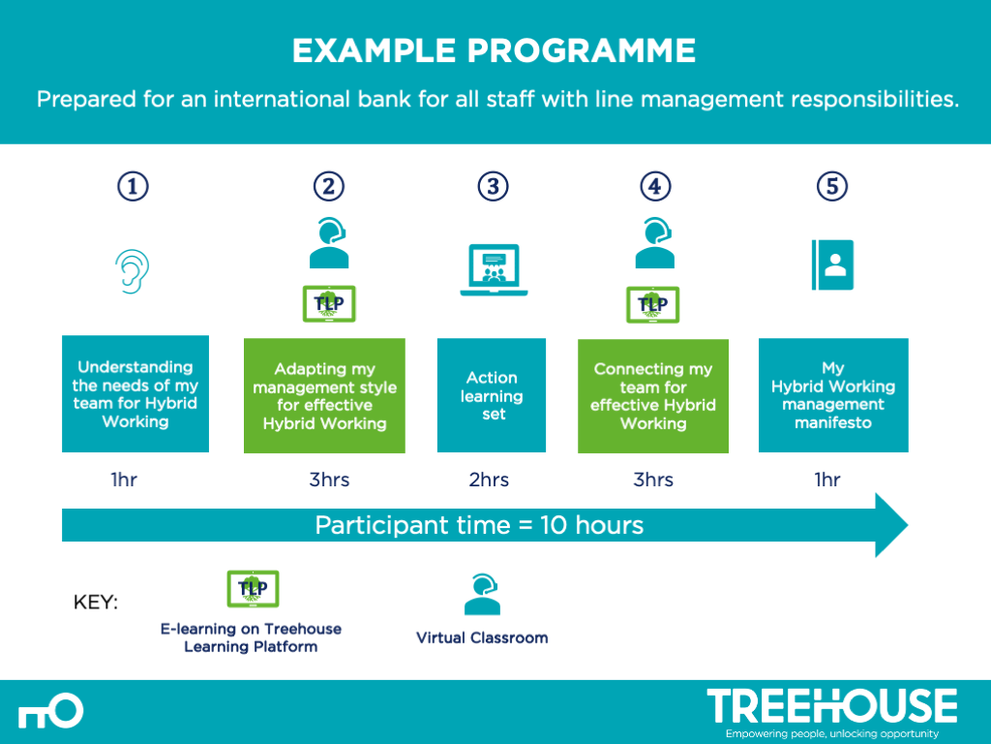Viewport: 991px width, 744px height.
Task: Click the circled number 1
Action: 134,187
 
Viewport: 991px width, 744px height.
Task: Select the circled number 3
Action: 493,187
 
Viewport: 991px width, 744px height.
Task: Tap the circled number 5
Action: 831,187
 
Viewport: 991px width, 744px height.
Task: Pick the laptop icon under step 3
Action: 494,270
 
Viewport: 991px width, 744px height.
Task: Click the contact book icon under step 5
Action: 831,263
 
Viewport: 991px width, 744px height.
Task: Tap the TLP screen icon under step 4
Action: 653,304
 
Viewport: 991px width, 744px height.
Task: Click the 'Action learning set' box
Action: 492,395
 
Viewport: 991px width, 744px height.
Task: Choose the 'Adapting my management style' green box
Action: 324,395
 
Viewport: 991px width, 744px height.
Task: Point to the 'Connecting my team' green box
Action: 653,395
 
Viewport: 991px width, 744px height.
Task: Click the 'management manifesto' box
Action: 833,395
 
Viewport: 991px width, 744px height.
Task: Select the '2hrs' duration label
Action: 489,480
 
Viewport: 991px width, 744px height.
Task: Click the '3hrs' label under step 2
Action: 329,480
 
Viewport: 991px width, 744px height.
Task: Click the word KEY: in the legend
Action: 96,603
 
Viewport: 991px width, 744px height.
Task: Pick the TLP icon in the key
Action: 253,588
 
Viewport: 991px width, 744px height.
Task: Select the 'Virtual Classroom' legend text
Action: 482,637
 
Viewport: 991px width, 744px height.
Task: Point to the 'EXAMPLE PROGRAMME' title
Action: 494,50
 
